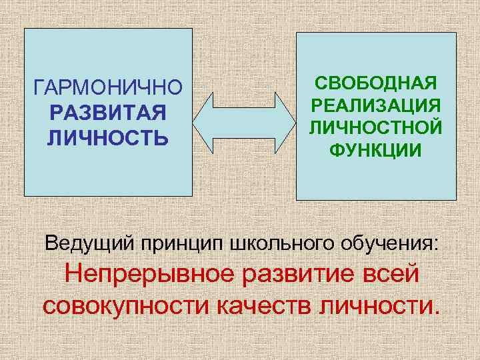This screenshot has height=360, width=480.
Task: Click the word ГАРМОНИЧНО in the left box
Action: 107,88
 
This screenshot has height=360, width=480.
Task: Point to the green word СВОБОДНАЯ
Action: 376,84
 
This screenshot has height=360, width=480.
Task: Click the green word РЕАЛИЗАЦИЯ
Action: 376,106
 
